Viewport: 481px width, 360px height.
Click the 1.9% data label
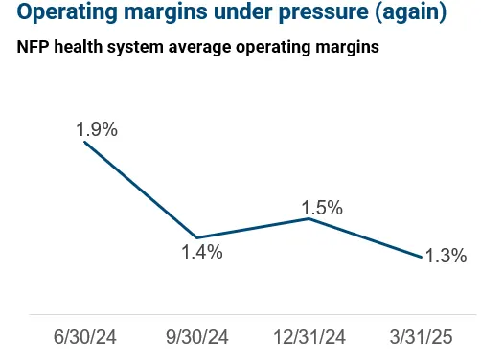pyautogui.click(x=98, y=129)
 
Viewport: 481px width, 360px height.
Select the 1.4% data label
pyautogui.click(x=202, y=253)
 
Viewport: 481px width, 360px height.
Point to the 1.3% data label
pyautogui.click(x=446, y=256)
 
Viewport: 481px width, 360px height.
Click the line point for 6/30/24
pyautogui.click(x=85, y=142)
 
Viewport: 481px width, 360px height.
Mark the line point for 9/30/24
pyautogui.click(x=197, y=237)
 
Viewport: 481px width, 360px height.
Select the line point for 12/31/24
pyautogui.click(x=309, y=218)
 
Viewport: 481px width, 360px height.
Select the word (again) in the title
pyautogui.click(x=408, y=14)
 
